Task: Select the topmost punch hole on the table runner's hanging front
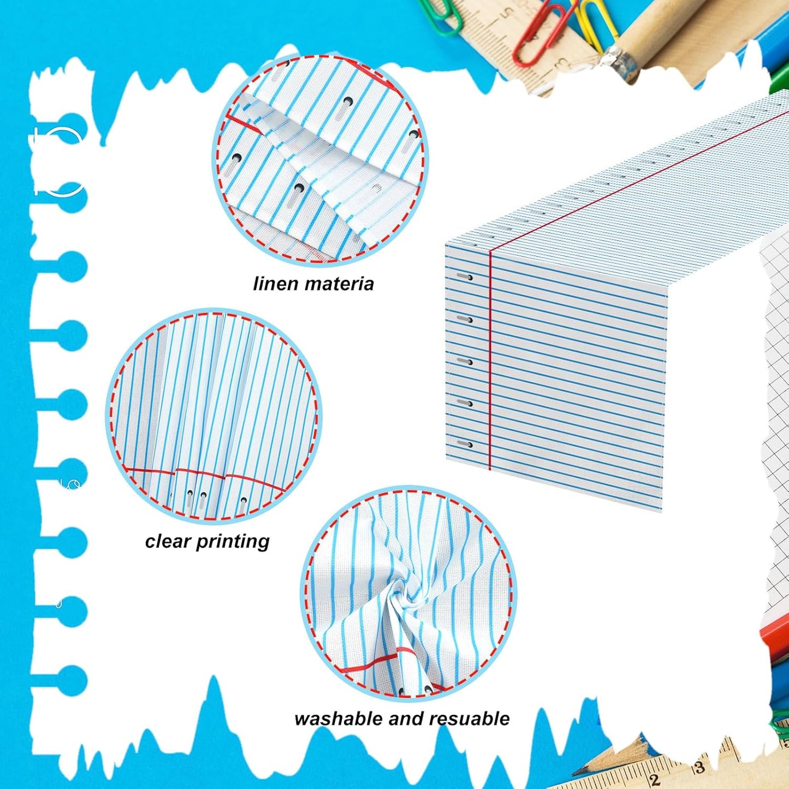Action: tap(465, 277)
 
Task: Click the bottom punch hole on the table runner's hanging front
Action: tap(465, 444)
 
